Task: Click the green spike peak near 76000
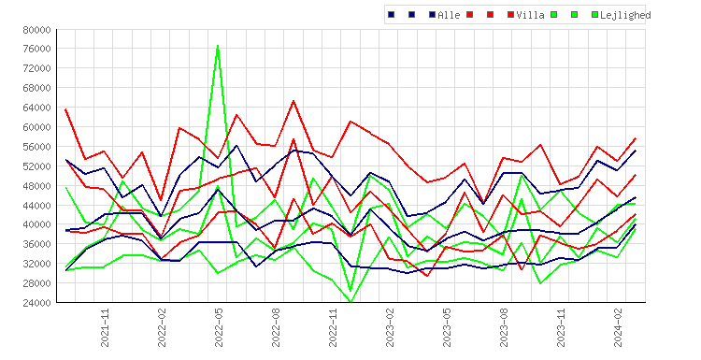coord(218,46)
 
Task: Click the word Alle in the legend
coord(449,15)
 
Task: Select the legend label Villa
coord(530,15)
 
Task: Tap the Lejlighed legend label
coord(625,15)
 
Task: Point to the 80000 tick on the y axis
coord(37,30)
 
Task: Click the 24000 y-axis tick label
coord(37,303)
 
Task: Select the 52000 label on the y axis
coord(37,166)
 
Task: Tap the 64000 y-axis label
coord(37,108)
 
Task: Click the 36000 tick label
coord(37,244)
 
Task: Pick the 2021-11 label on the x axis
coord(105,328)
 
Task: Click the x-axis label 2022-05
coord(219,328)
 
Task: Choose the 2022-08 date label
coord(276,328)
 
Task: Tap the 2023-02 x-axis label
coord(390,328)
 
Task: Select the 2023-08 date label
coord(504,328)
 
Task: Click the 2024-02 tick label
coord(618,328)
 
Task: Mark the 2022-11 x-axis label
coord(333,328)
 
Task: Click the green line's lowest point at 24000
coord(350,302)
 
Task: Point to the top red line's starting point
coord(65,109)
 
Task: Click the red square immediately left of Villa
coord(510,15)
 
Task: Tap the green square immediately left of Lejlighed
coord(594,15)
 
